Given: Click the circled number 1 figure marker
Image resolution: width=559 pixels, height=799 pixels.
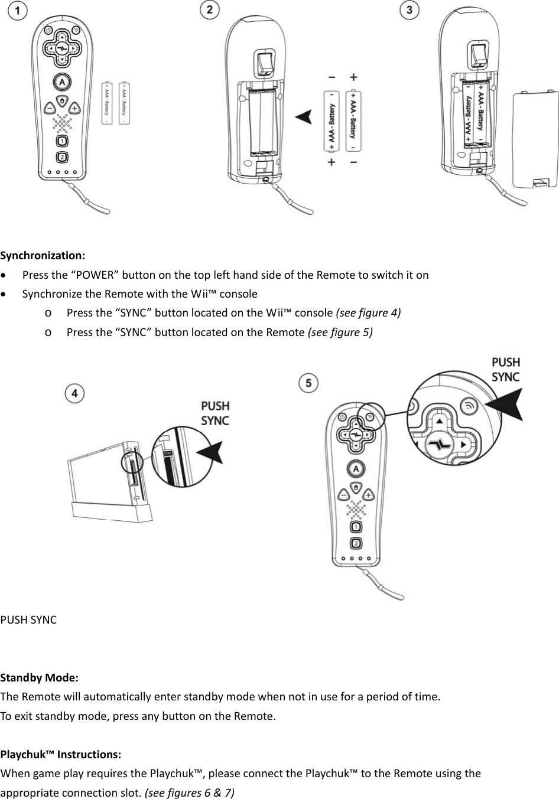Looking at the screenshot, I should [x=18, y=11].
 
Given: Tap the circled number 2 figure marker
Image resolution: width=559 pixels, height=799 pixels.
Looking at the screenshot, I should [x=210, y=10].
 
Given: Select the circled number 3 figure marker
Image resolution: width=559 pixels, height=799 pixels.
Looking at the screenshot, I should [x=409, y=10].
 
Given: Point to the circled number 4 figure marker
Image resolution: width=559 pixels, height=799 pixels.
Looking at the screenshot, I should [x=74, y=393].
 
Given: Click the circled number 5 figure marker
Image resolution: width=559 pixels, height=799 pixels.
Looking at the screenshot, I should [x=308, y=383].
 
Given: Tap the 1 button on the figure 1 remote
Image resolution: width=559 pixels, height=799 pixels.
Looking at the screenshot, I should [x=62, y=141].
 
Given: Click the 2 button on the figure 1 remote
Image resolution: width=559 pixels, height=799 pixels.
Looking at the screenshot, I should [x=62, y=157].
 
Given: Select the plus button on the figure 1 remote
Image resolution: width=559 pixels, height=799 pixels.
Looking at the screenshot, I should [x=75, y=109].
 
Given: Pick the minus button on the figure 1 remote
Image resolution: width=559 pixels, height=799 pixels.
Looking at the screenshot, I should [x=50, y=109].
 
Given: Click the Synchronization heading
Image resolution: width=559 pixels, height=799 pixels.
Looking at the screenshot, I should [x=43, y=256].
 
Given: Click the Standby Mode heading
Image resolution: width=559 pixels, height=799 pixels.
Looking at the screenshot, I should [x=40, y=677].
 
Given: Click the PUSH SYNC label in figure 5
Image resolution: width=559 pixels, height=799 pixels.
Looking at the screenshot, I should [x=506, y=370].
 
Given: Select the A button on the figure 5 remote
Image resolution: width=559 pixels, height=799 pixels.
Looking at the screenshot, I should [x=355, y=469].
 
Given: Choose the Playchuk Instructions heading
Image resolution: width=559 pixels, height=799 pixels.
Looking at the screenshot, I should [x=61, y=755].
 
